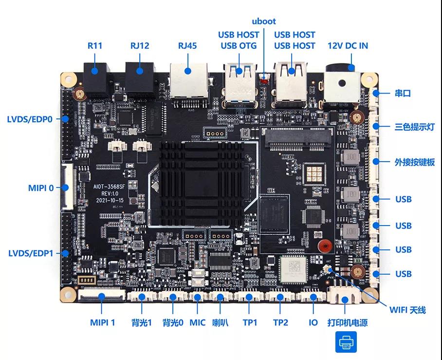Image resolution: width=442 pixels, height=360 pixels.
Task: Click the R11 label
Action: click(x=95, y=46)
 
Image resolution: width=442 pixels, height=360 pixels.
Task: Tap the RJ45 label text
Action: click(x=187, y=46)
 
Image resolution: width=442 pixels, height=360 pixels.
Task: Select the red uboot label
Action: click(x=264, y=21)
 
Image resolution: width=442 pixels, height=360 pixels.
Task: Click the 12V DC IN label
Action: click(x=348, y=46)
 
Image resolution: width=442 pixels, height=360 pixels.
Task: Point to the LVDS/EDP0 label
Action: click(x=30, y=119)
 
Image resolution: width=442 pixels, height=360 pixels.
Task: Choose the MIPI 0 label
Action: click(x=41, y=187)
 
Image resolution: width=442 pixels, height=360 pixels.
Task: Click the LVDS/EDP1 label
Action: click(x=31, y=253)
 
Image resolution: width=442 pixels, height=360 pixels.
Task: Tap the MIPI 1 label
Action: click(x=102, y=322)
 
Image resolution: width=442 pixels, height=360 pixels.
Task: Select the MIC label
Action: click(x=197, y=322)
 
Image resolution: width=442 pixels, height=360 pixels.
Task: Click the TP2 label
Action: click(x=280, y=322)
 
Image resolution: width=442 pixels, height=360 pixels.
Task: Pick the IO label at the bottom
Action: click(x=313, y=322)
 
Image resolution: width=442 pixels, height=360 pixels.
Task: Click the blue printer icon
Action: click(x=346, y=342)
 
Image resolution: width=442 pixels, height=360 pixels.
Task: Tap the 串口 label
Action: click(x=403, y=93)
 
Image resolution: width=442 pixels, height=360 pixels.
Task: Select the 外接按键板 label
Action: click(x=414, y=162)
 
